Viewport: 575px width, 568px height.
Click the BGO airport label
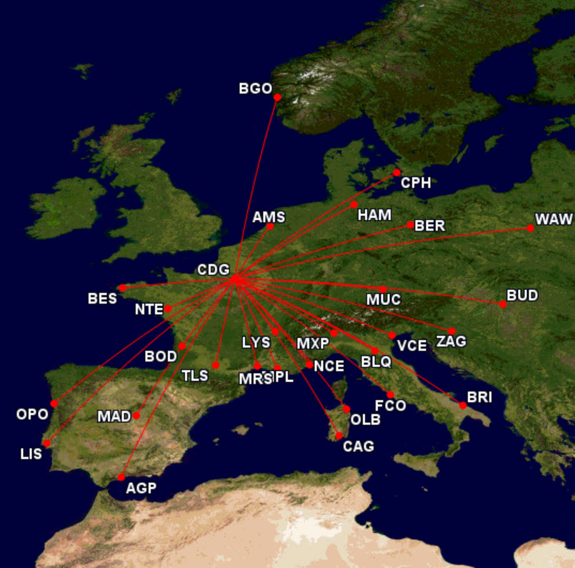click(256, 89)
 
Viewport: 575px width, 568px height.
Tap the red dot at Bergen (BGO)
click(277, 97)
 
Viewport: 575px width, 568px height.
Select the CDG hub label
click(214, 270)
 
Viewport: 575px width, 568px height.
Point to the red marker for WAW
click(530, 228)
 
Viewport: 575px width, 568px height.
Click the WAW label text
click(554, 219)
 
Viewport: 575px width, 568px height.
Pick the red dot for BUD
click(503, 304)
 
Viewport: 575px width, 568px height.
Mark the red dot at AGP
click(121, 477)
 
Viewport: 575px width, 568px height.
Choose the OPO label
click(32, 414)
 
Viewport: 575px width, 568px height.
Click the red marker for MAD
click(136, 415)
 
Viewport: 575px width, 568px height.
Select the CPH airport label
click(416, 183)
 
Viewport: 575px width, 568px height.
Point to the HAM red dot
click(354, 205)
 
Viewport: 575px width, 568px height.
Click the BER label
click(430, 226)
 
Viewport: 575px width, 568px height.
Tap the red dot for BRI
click(463, 405)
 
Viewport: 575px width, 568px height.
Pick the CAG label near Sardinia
click(358, 447)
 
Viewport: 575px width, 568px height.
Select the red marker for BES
click(122, 288)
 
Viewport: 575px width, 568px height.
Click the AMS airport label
click(269, 217)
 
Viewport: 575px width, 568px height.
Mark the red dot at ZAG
click(451, 331)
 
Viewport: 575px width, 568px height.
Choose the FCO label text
click(390, 406)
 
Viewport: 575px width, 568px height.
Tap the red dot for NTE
click(169, 309)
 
